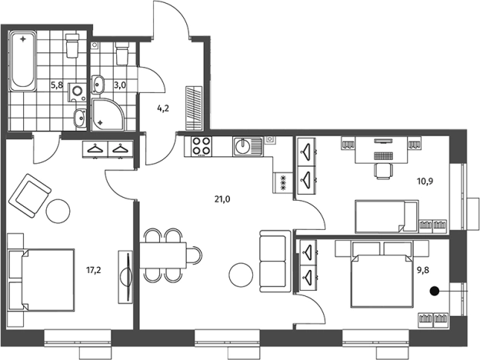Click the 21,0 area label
click(x=222, y=199)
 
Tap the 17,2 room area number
click(x=94, y=270)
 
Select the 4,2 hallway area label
click(x=163, y=108)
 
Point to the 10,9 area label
click(x=425, y=182)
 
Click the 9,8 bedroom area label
click(x=423, y=270)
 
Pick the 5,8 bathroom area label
click(x=57, y=85)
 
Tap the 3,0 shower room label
click(x=120, y=85)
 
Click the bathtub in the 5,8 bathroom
click(x=23, y=62)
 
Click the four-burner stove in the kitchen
click(x=202, y=146)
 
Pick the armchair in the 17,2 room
click(x=30, y=195)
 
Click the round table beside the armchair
click(x=58, y=211)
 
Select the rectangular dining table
click(x=164, y=255)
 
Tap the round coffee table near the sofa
click(x=242, y=275)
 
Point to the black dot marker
click(x=435, y=291)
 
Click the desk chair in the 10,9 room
click(x=382, y=171)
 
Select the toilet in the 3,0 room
click(x=122, y=54)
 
